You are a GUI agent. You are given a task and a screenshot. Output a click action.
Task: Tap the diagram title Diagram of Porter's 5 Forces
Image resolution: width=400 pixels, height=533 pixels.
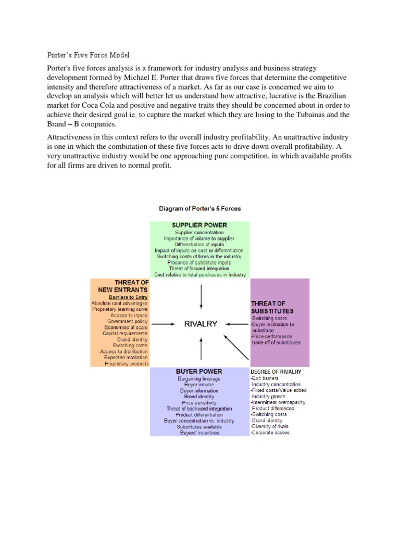point(199,209)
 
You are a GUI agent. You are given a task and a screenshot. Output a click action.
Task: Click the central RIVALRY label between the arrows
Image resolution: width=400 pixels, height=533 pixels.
point(201,324)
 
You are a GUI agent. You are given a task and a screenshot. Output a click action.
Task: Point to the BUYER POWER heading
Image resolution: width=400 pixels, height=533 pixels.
point(199,371)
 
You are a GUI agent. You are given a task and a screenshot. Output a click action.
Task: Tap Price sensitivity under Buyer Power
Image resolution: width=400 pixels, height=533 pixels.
point(198,402)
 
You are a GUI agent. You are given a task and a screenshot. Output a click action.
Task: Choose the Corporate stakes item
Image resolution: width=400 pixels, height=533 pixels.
point(271,433)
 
